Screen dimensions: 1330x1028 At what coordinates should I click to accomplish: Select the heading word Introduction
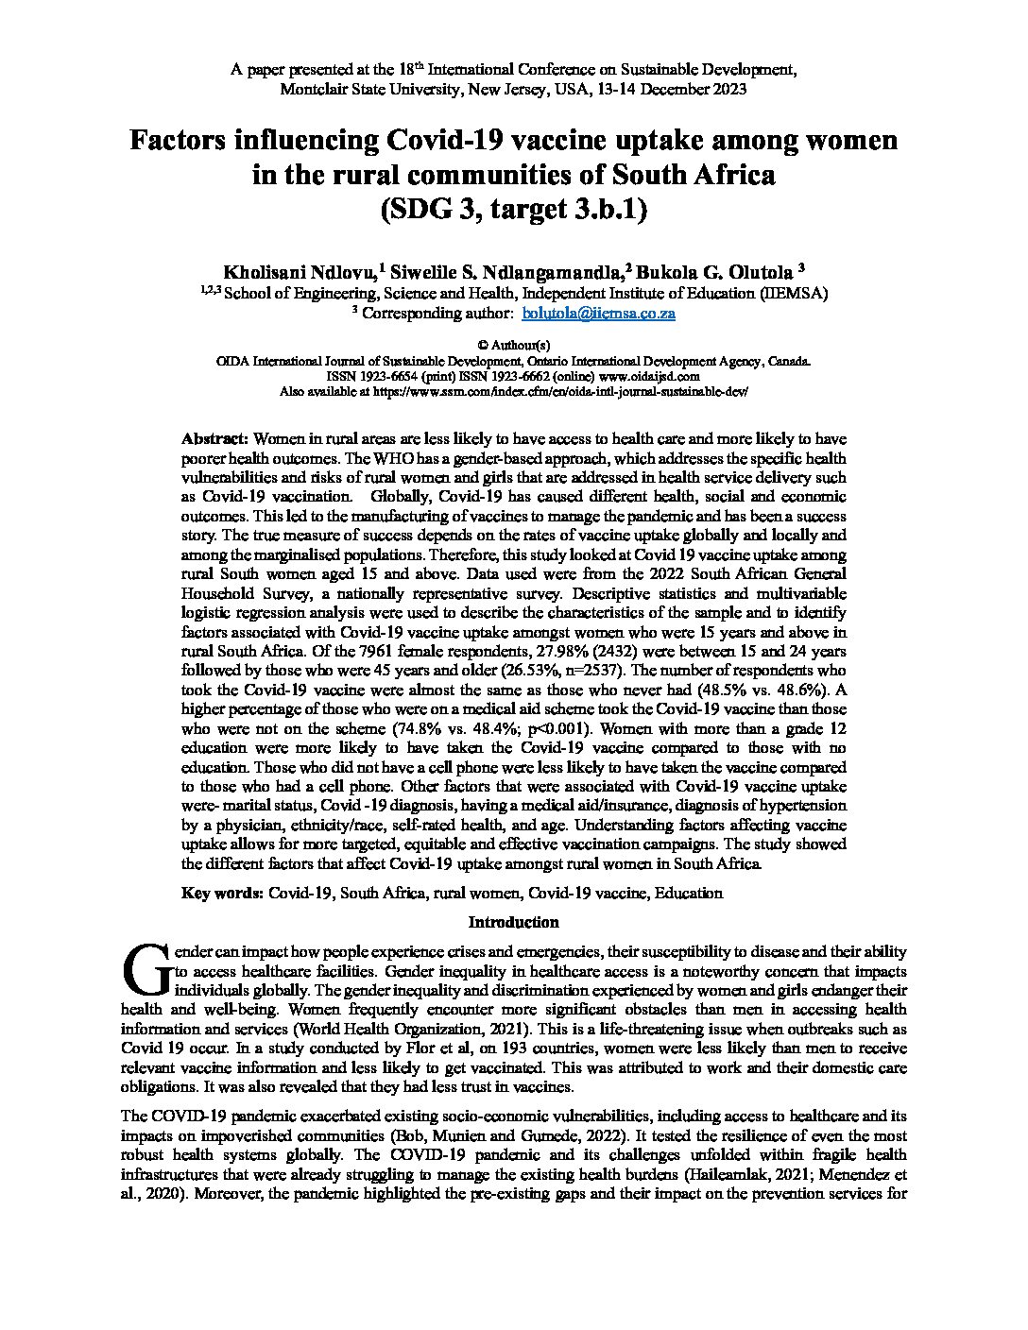[x=514, y=922]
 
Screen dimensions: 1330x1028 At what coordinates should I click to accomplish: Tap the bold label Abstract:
[x=214, y=439]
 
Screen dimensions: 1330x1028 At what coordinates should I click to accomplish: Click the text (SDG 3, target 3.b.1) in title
[x=514, y=209]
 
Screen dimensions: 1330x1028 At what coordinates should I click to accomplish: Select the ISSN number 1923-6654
[x=402, y=375]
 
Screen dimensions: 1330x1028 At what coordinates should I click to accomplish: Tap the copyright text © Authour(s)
[x=514, y=346]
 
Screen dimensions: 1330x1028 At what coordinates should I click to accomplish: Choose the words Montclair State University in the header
[x=365, y=90]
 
